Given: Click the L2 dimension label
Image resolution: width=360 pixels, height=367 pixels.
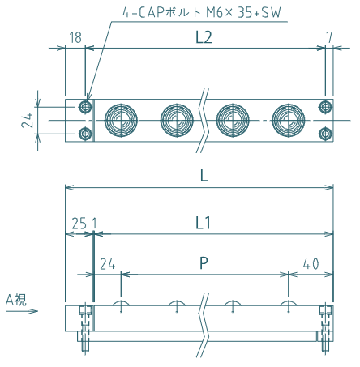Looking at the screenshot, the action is (x=204, y=37).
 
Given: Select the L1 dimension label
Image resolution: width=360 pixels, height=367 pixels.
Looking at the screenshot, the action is (x=203, y=224).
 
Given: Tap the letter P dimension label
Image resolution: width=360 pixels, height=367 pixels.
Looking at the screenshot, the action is (x=204, y=263).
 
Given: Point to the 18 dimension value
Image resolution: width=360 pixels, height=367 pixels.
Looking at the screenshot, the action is (x=75, y=37).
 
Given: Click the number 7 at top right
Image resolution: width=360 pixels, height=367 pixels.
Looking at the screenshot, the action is (x=329, y=37).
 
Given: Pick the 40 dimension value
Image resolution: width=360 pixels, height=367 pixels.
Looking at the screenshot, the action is (x=311, y=263).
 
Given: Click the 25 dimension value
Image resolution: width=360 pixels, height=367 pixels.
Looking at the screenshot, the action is (x=79, y=224).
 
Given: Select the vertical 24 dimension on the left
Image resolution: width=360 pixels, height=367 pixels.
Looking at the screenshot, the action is (x=27, y=121).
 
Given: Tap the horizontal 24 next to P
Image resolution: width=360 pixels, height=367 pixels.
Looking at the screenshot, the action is (x=108, y=264).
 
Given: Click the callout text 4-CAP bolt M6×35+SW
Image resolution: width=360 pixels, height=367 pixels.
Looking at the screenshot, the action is (x=202, y=13).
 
